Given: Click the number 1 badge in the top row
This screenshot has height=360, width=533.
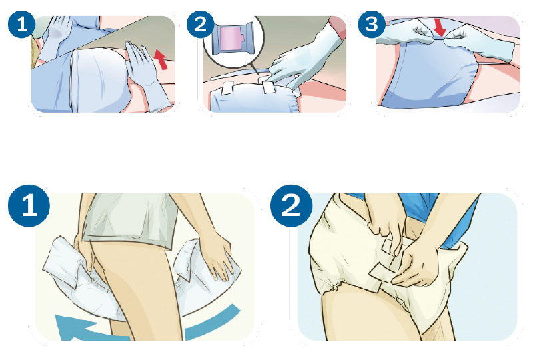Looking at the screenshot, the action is coord(21,24).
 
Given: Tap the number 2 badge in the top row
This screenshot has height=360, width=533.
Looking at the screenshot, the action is coord(201,24).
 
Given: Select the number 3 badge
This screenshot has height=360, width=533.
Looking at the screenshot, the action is coord(372,24).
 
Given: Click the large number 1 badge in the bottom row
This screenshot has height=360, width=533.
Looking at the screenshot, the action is coord(29,206).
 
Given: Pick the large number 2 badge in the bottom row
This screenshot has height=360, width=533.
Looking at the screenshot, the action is coord(291,206).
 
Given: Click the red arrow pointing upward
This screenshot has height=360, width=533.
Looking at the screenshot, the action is coord(162,59).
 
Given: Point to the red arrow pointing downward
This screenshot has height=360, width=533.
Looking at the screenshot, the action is coord(440,28).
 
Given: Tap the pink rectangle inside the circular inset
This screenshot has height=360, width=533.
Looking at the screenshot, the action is coord(232,39).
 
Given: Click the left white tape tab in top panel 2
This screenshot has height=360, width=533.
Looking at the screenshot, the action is coord(226,88).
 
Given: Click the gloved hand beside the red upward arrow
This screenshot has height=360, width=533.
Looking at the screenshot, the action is coord(146,73).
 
